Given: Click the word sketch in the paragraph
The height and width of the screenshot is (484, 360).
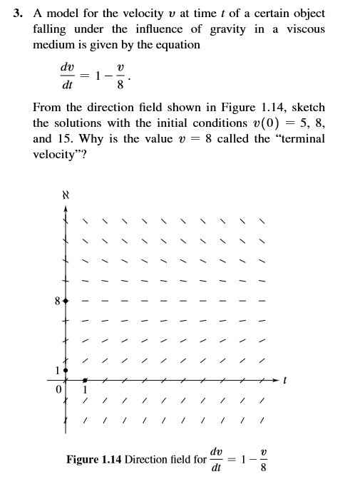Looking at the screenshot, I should tap(307, 108).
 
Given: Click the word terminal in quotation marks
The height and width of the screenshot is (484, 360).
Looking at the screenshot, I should tap(297, 138).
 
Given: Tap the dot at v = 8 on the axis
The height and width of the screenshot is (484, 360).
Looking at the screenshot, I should tap(66, 302).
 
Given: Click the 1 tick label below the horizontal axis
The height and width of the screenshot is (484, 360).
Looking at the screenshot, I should tap(86, 389).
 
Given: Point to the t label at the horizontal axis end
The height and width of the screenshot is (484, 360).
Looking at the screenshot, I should tap(284, 381).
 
